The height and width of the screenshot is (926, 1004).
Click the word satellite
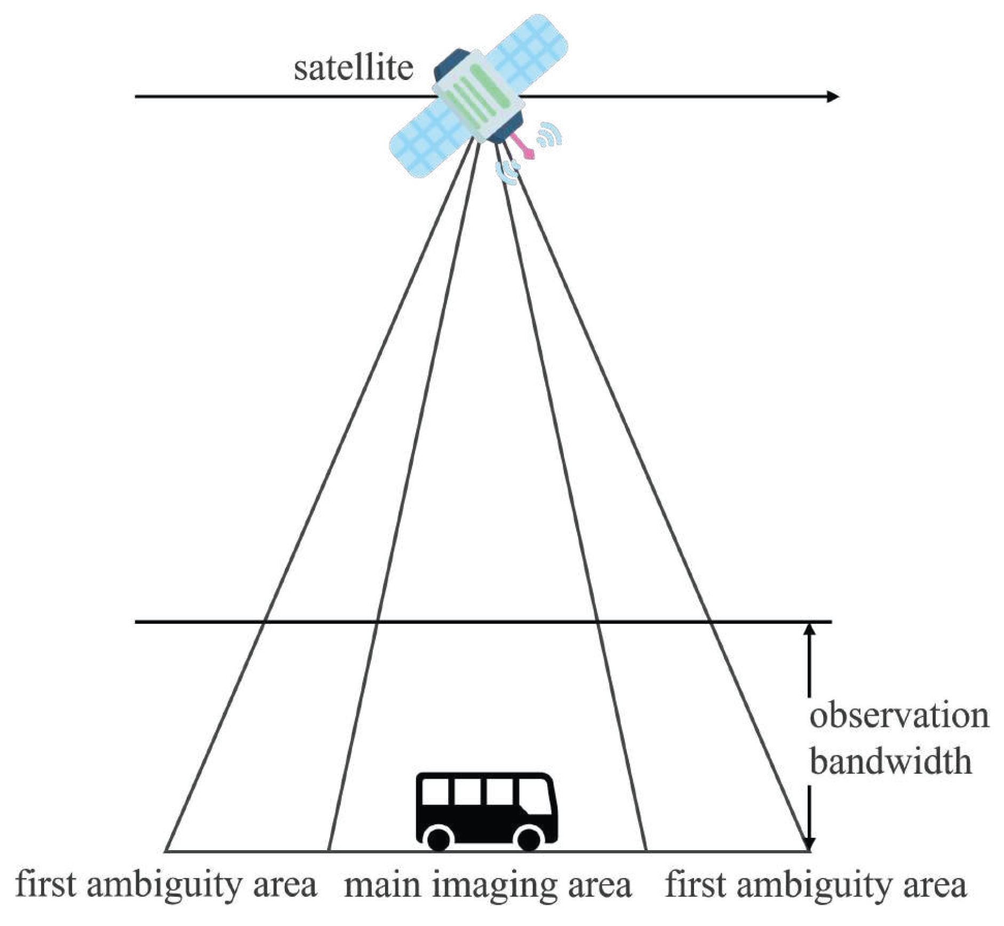click(353, 69)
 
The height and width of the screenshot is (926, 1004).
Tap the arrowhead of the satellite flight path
click(832, 97)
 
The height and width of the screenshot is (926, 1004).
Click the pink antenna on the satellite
click(522, 146)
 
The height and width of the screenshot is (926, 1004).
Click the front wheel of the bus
click(528, 838)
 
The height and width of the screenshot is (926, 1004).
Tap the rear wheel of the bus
click(439, 838)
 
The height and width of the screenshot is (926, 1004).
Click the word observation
click(899, 716)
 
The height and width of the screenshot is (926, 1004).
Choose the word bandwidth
click(890, 762)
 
